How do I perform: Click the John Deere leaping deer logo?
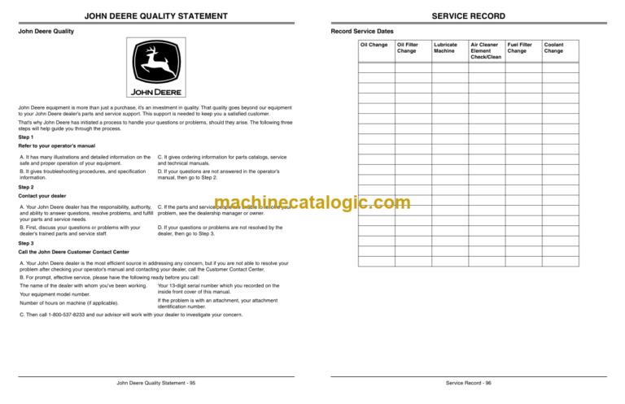(x=155, y=68)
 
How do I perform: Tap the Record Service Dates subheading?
(x=362, y=31)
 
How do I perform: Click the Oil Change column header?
(x=374, y=45)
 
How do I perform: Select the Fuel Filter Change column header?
(x=518, y=48)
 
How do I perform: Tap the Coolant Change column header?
(x=553, y=48)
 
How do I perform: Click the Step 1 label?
(x=26, y=137)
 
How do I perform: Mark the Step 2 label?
(x=26, y=187)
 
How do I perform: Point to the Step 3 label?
(x=26, y=243)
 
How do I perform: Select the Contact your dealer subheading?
(x=42, y=197)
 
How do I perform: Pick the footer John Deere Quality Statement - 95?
(x=155, y=383)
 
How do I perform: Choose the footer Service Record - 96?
(x=468, y=383)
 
